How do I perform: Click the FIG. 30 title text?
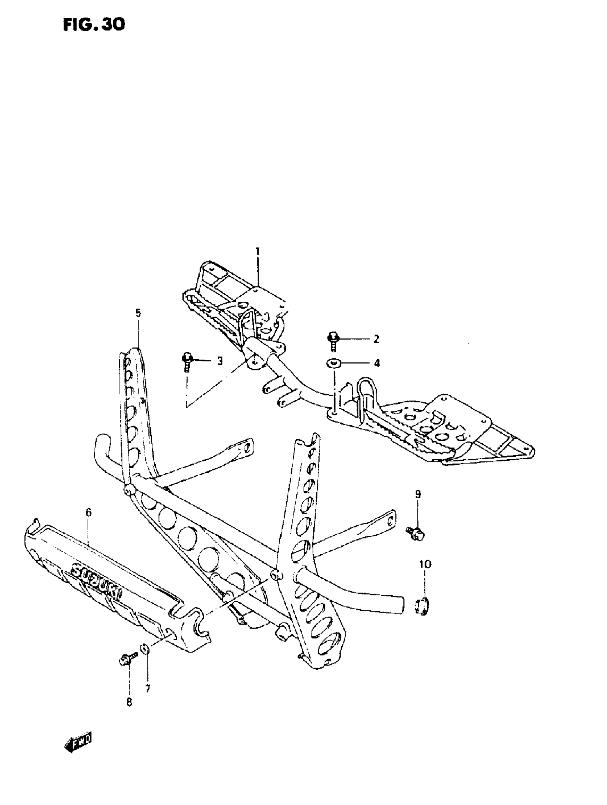tap(94, 25)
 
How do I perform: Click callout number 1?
tap(258, 251)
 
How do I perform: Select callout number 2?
tap(376, 339)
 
